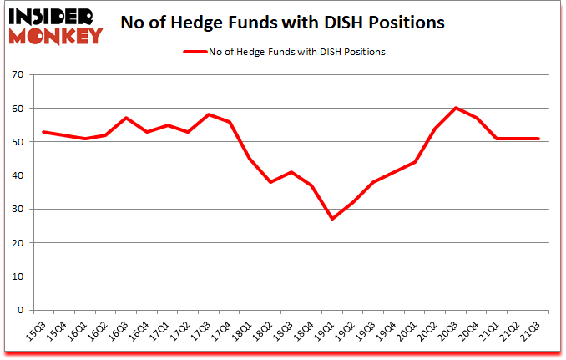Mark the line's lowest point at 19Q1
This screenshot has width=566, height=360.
click(331, 219)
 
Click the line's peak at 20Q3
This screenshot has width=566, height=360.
click(457, 108)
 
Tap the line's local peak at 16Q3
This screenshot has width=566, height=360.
click(125, 118)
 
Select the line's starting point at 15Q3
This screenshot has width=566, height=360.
click(43, 132)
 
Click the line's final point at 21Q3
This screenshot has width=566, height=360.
click(539, 139)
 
